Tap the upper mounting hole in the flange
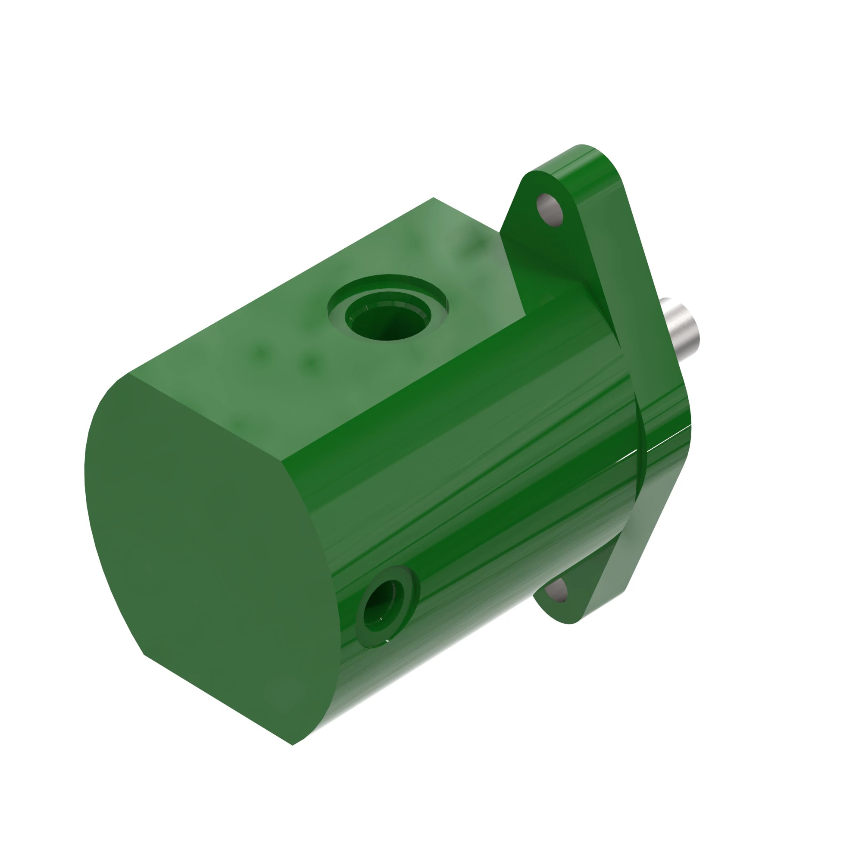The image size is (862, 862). point(550,210)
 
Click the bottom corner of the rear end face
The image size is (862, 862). point(292,744)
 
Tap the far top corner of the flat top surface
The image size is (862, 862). point(433,198)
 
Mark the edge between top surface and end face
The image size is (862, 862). point(205,417)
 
